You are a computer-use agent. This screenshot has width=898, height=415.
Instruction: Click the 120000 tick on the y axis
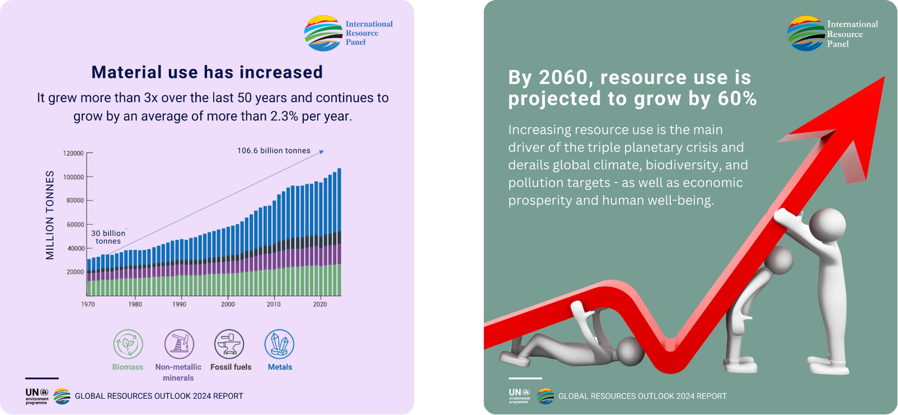click(74, 153)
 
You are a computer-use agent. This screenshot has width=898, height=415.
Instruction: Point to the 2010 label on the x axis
click(274, 304)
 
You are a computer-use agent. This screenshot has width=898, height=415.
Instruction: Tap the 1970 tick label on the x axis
click(88, 304)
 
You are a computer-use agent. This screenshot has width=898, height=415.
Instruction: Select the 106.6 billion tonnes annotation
click(274, 151)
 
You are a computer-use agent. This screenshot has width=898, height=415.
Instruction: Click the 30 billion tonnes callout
click(108, 237)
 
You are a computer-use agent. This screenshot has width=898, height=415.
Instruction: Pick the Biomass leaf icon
click(128, 344)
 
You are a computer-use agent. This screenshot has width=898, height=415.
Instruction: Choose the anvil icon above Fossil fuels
click(230, 344)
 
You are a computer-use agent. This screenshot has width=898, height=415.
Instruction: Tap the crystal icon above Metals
click(280, 344)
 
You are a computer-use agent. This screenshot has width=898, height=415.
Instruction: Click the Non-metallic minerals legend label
click(178, 372)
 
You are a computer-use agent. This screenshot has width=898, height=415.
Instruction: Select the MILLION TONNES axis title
click(50, 215)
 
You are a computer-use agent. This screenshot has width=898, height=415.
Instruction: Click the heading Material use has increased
click(207, 72)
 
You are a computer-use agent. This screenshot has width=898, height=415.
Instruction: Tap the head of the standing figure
click(827, 225)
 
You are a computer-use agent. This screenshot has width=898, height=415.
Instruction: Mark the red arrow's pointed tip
click(884, 77)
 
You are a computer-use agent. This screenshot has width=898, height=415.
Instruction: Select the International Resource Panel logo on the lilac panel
click(349, 33)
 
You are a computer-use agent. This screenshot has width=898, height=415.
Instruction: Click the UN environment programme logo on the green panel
click(520, 396)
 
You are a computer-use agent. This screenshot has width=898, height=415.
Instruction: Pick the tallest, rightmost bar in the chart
click(339, 232)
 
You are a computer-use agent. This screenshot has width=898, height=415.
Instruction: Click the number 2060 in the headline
click(565, 77)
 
